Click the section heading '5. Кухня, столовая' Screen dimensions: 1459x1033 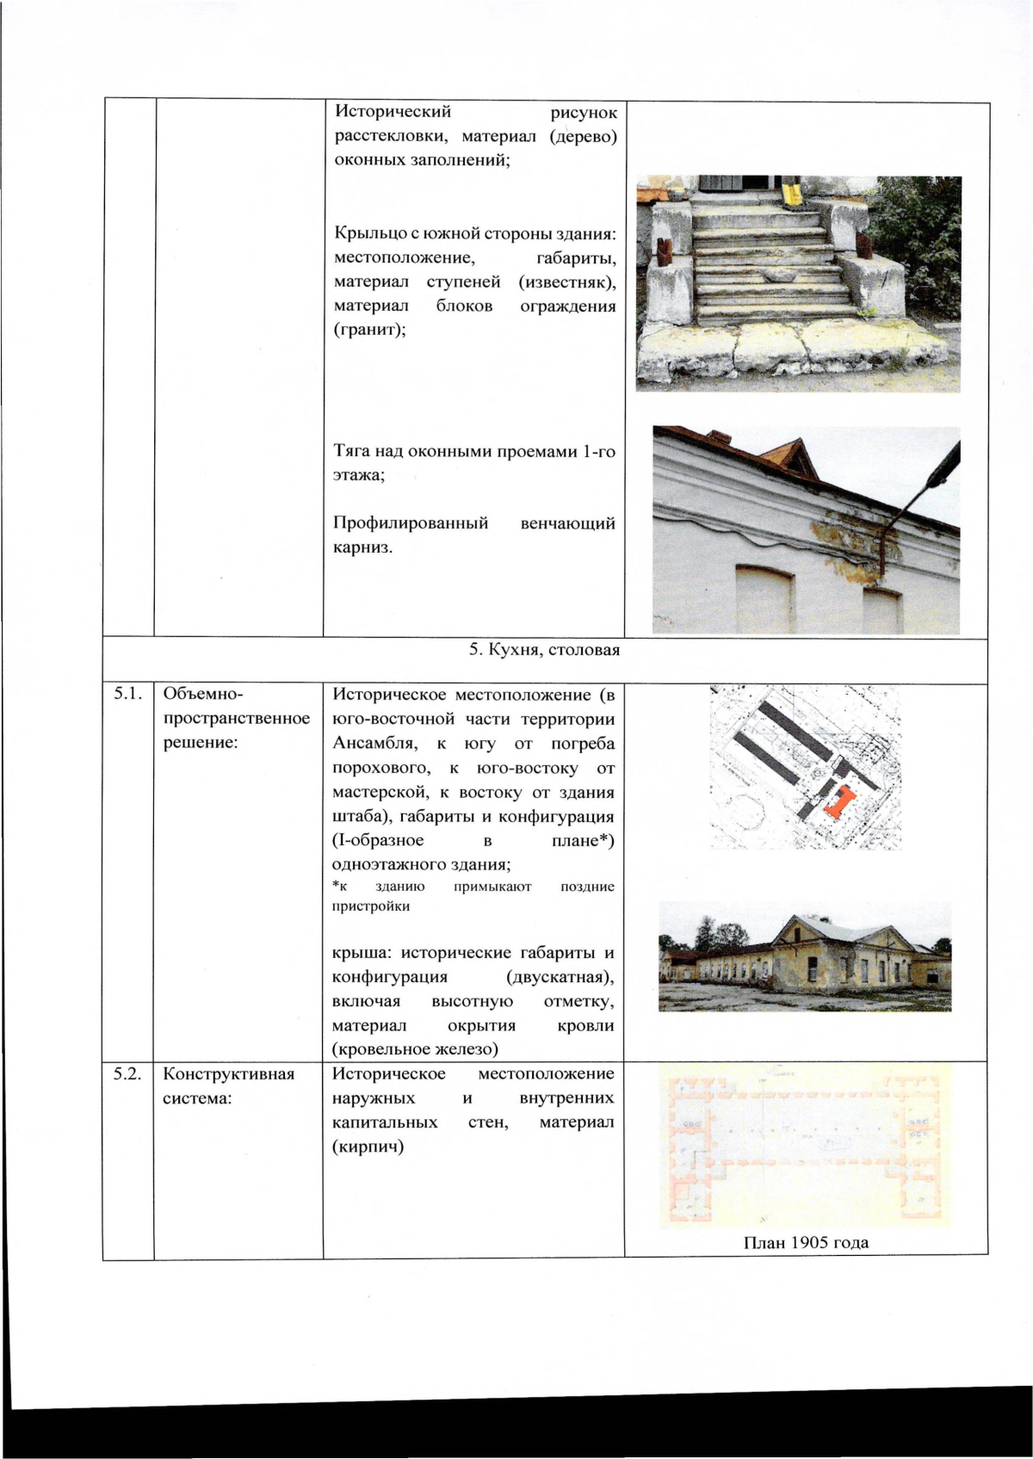(x=544, y=650)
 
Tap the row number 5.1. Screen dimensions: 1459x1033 (x=127, y=694)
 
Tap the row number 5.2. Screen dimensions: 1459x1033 (x=127, y=1073)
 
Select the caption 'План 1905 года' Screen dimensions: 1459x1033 (x=806, y=1242)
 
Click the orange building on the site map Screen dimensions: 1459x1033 (x=836, y=803)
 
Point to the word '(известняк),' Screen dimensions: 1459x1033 (x=566, y=281)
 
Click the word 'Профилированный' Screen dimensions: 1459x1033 (x=411, y=523)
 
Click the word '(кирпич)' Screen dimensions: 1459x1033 (x=368, y=1147)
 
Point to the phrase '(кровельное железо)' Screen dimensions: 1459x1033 (x=415, y=1049)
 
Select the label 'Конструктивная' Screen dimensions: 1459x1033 (x=228, y=1073)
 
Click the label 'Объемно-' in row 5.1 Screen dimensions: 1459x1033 (x=203, y=694)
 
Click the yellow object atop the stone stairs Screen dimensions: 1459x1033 (x=792, y=193)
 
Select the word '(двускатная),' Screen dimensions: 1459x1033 (x=560, y=977)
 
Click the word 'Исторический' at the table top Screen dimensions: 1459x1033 (x=393, y=112)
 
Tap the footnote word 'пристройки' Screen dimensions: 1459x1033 (x=371, y=906)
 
